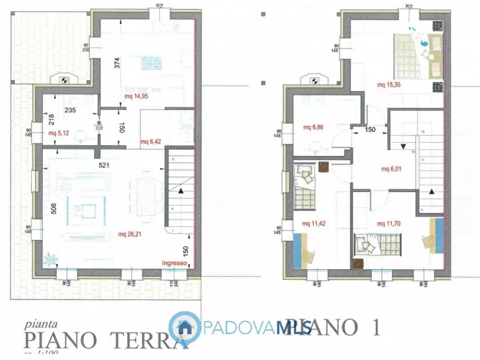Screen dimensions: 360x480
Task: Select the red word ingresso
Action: (174, 263)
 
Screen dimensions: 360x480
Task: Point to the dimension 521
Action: (104, 165)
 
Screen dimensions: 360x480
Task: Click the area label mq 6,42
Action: (151, 142)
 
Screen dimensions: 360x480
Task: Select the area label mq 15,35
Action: (389, 84)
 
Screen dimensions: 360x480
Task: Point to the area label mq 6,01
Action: (392, 169)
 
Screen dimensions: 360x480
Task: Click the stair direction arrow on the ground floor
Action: (181, 191)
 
